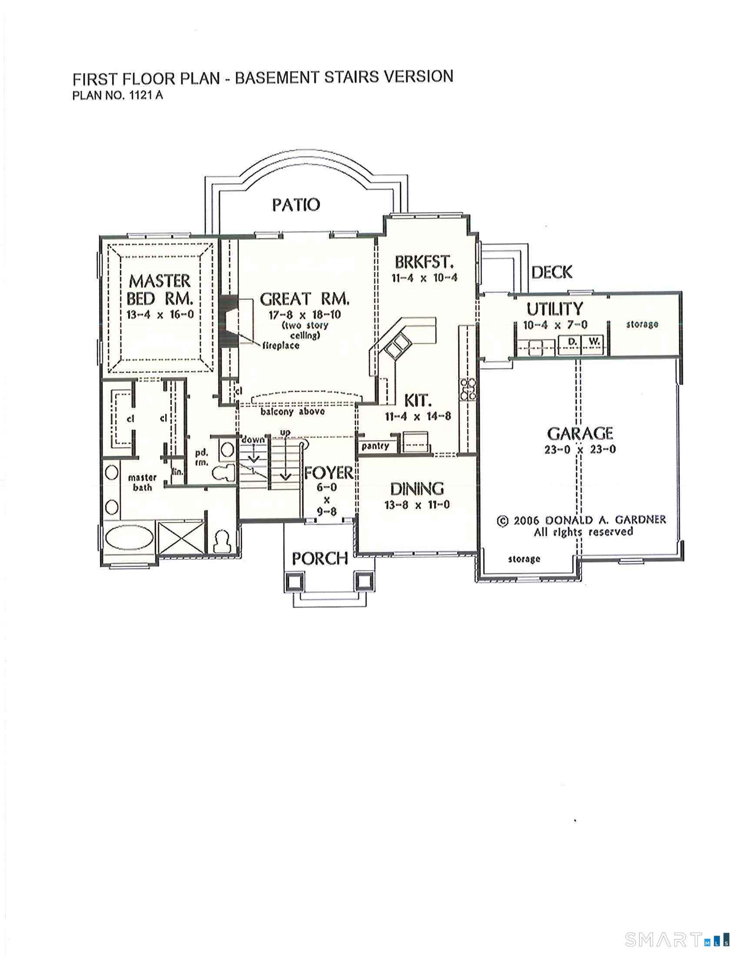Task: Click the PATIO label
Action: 296,204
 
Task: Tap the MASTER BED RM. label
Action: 160,290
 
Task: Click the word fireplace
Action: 281,345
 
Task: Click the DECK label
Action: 552,272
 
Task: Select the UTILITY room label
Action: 555,309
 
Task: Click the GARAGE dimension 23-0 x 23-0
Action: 580,449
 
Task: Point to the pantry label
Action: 375,446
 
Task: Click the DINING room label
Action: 417,488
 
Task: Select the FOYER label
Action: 328,473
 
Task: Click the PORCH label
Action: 320,558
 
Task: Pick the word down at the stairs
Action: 253,439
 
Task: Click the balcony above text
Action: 293,412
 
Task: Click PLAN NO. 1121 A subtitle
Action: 117,96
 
